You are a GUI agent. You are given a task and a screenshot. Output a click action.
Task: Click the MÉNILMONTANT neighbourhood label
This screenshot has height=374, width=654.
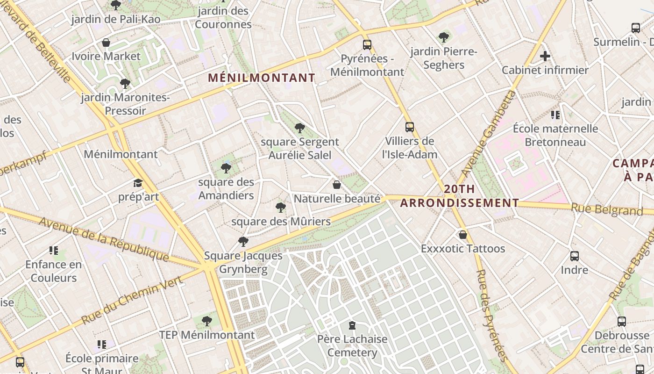[262, 78]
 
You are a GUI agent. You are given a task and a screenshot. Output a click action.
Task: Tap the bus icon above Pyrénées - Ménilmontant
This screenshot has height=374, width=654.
[367, 45]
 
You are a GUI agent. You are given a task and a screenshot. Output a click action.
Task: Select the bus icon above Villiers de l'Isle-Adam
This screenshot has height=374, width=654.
[410, 127]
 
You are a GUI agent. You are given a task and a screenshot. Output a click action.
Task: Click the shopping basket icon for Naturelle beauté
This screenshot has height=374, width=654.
[336, 185]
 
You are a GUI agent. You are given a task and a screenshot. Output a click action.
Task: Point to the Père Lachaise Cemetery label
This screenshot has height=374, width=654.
[352, 345]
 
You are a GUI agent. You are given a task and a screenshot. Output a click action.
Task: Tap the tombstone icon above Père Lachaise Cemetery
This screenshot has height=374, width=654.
[352, 325]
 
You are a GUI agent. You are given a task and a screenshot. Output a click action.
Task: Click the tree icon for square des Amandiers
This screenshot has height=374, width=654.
[226, 168]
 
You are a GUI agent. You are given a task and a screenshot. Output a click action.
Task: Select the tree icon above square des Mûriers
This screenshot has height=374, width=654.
[281, 207]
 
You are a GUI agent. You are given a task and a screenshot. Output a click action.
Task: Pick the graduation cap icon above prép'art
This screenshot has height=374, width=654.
[138, 183]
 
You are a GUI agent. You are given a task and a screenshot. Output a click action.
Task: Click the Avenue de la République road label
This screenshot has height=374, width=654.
[104, 239]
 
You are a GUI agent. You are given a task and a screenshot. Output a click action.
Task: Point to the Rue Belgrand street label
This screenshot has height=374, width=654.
[607, 210]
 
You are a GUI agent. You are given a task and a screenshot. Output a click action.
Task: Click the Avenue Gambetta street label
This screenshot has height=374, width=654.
[489, 134]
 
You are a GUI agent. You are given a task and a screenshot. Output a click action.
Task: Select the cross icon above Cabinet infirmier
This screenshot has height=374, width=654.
[545, 57]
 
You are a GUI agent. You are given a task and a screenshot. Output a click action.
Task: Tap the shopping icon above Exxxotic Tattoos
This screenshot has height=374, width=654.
[463, 234]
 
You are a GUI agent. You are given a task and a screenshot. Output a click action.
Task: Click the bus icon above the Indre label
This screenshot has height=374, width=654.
[575, 256]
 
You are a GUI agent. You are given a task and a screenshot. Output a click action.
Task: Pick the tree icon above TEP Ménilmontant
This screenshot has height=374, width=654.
[207, 321]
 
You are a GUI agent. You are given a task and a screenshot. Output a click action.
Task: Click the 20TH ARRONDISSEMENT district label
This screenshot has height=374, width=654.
[460, 196]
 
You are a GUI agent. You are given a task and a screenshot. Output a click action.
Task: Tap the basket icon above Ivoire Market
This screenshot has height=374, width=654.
[106, 43]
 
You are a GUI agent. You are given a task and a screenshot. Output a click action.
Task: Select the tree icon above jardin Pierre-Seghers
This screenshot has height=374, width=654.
[444, 37]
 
